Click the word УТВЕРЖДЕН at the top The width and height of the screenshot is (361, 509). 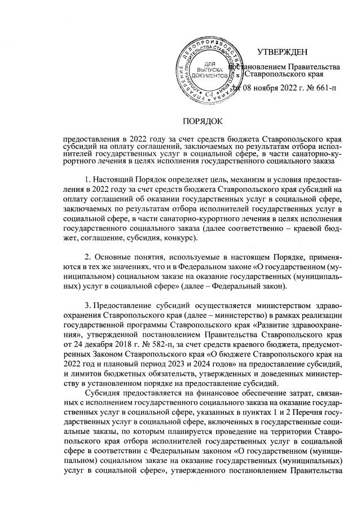point(282,52)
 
